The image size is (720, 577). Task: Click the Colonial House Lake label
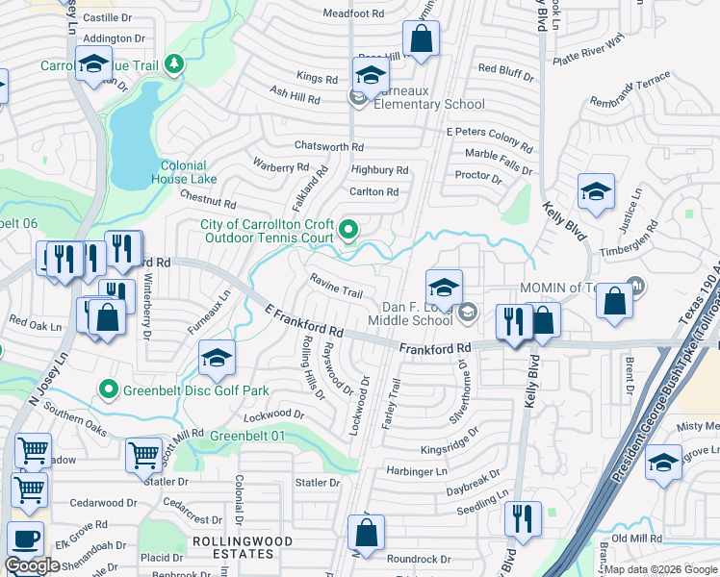click(183, 172)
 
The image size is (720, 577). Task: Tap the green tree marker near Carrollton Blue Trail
click(174, 64)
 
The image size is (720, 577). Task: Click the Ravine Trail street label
click(336, 286)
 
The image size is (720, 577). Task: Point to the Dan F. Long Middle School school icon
click(443, 287)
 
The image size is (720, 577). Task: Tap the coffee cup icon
click(25, 539)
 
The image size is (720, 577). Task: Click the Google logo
click(32, 565)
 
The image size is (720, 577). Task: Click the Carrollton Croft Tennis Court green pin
click(348, 230)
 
